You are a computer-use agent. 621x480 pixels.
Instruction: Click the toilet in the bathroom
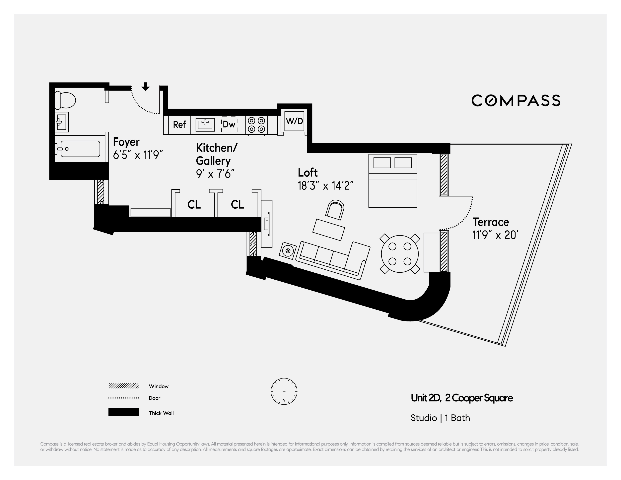tap(65, 100)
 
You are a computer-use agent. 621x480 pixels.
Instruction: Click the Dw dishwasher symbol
tap(229, 124)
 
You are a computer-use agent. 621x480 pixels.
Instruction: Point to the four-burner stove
tap(256, 125)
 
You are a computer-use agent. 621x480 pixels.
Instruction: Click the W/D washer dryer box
tap(294, 121)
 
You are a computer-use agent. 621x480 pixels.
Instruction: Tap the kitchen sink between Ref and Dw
tap(205, 125)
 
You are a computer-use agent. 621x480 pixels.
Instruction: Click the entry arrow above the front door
tap(146, 86)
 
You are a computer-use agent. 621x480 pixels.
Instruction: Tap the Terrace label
tap(491, 222)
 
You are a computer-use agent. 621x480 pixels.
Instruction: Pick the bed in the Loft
tap(393, 181)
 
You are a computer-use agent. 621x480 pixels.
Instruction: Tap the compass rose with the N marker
tap(284, 392)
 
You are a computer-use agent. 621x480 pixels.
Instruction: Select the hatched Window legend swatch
tap(123, 386)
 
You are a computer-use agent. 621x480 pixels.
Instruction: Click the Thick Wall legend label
tap(161, 413)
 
